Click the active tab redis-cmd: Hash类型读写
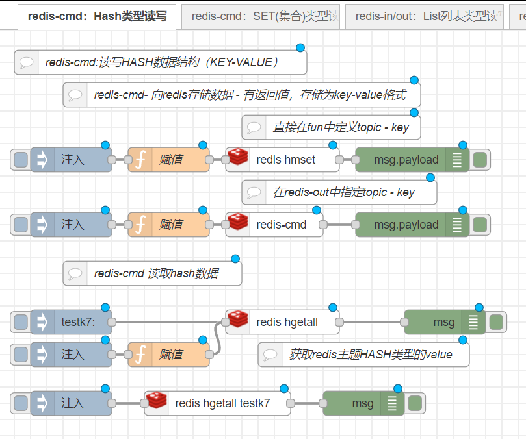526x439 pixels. tap(96, 17)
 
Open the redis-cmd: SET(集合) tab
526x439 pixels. tap(260, 17)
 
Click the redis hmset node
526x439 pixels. tap(286, 160)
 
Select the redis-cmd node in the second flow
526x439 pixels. tap(281, 225)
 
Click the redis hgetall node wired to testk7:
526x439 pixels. tap(287, 321)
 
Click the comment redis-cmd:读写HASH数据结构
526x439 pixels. tap(161, 62)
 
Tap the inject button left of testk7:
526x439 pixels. tap(21, 321)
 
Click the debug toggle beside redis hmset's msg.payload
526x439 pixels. tap(480, 160)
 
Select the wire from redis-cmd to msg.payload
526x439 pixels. tap(338, 225)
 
